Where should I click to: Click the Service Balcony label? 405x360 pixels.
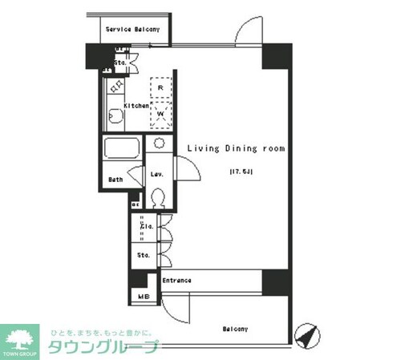pyautogui.click(x=133, y=30)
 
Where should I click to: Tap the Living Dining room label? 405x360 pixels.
pyautogui.click(x=237, y=148)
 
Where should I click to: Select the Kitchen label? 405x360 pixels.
pyautogui.click(x=136, y=106)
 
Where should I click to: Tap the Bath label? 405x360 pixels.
pyautogui.click(x=115, y=180)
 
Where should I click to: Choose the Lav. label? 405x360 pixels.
pyautogui.click(x=157, y=174)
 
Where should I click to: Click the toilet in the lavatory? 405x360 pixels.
pyautogui.click(x=158, y=196)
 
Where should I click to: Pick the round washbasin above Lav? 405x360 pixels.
pyautogui.click(x=160, y=144)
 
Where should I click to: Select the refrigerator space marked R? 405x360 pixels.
pyautogui.click(x=161, y=87)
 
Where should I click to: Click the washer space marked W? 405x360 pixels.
pyautogui.click(x=161, y=113)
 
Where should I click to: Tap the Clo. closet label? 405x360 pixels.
pyautogui.click(x=147, y=226)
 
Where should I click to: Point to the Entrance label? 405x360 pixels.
pyautogui.click(x=176, y=281)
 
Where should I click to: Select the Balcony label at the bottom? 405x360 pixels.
pyautogui.click(x=235, y=329)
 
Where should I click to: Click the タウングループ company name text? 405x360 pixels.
pyautogui.click(x=104, y=348)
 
